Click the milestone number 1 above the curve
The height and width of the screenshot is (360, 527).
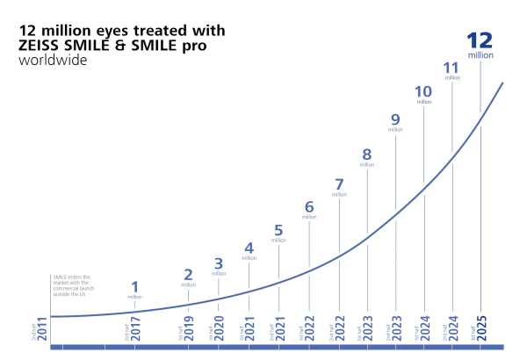pyautogui.click(x=134, y=286)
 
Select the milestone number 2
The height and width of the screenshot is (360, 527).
pyautogui.click(x=188, y=274)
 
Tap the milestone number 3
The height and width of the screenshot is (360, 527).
pyautogui.click(x=219, y=263)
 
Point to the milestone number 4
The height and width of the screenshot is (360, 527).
pyautogui.click(x=249, y=248)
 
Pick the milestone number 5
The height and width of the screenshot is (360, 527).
pyautogui.click(x=278, y=230)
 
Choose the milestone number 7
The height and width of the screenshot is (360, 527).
pyautogui.click(x=339, y=184)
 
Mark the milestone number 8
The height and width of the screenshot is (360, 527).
pyautogui.click(x=366, y=155)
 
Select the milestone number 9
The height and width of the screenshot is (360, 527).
pyautogui.click(x=395, y=119)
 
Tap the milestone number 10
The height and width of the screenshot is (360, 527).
pyautogui.click(x=424, y=91)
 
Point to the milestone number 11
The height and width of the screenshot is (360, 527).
pyautogui.click(x=452, y=68)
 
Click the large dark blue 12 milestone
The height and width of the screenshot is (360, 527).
pyautogui.click(x=480, y=40)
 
